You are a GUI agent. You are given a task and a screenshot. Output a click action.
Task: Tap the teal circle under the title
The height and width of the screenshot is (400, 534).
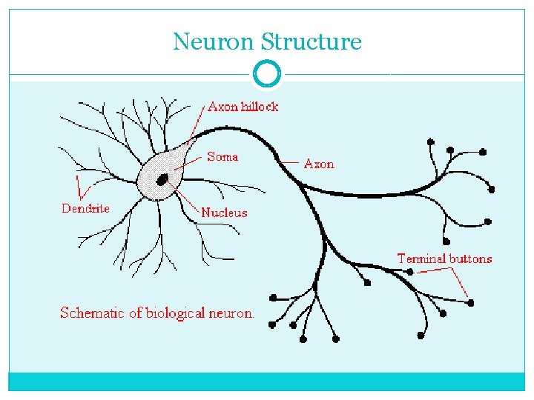click(x=267, y=74)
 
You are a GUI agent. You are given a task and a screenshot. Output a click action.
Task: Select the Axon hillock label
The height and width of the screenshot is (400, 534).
click(x=243, y=107)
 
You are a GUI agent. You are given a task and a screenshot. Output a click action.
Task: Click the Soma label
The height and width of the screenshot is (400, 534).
click(x=222, y=156)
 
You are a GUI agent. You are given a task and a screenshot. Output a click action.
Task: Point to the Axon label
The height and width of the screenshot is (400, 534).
click(x=319, y=164)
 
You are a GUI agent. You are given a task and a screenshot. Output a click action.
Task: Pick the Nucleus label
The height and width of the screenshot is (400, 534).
click(x=224, y=213)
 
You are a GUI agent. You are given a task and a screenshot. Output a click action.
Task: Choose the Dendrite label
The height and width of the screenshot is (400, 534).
click(x=85, y=208)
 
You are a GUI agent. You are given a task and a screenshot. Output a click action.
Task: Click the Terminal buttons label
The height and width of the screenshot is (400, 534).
click(x=444, y=259)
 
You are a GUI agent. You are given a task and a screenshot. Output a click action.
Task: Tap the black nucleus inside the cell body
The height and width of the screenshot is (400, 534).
click(x=162, y=178)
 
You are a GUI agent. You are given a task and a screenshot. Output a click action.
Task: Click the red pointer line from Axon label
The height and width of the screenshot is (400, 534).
click(x=292, y=162)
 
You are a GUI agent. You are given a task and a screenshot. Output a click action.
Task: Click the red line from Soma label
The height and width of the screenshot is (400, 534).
click(x=192, y=159)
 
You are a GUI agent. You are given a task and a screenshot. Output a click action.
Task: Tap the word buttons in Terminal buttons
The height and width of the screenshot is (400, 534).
click(x=470, y=259)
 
